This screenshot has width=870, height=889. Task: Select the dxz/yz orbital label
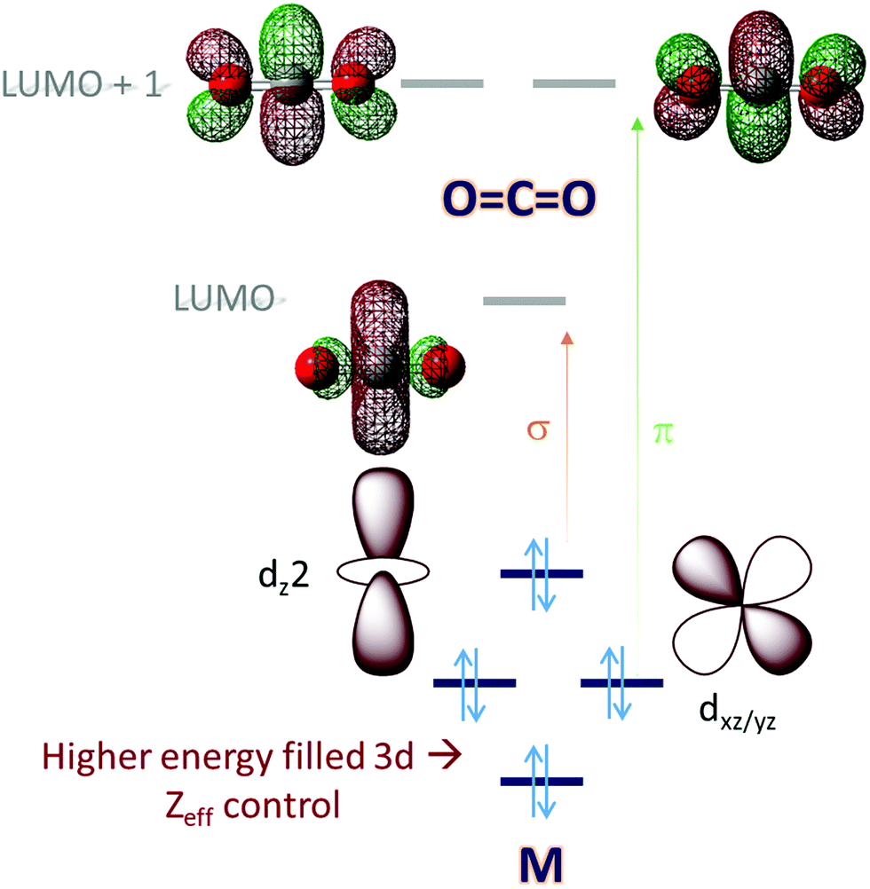click(736, 719)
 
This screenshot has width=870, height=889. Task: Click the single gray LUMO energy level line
click(524, 301)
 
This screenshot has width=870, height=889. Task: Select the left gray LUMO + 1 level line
click(442, 83)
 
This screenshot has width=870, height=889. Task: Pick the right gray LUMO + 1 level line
click(573, 83)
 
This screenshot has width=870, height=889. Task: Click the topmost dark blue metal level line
click(542, 573)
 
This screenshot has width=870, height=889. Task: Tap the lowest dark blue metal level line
click(542, 781)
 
